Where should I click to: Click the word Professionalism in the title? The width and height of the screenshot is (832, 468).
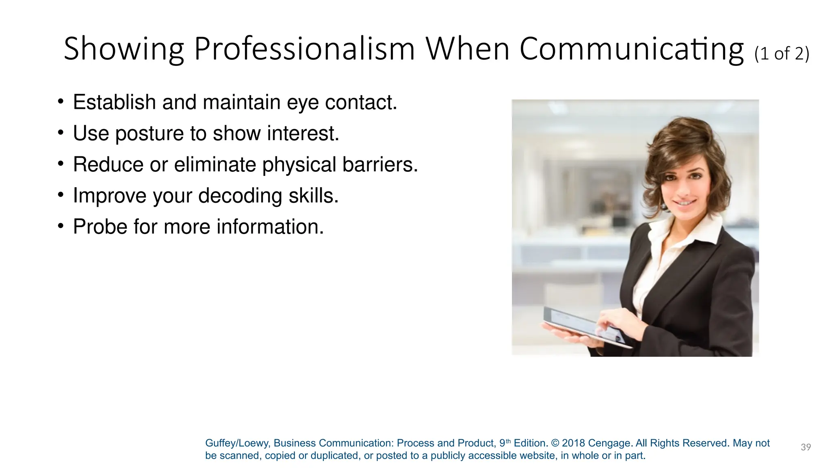304,49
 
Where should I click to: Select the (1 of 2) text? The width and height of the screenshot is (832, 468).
782,54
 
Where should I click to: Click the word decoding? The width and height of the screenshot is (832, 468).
240,196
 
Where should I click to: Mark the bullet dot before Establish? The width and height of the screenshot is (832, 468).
61,101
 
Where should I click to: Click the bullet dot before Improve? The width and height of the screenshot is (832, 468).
61,195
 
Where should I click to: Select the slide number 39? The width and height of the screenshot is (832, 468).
806,447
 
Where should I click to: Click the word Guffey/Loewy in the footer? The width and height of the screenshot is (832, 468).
238,443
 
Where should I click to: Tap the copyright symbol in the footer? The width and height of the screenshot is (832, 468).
555,443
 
